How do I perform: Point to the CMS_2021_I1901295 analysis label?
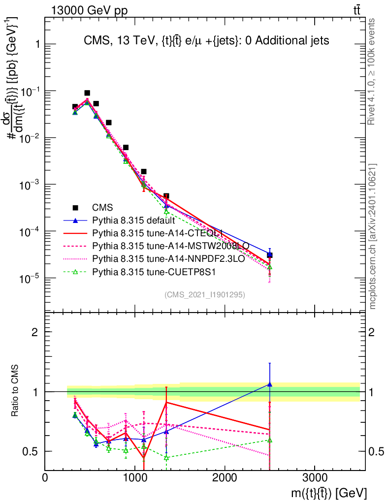(x=205, y=295)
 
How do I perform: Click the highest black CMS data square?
(x=87, y=93)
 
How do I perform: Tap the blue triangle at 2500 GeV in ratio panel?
(x=270, y=384)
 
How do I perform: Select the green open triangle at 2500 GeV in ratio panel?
(x=270, y=440)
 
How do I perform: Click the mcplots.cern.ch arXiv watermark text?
(x=373, y=235)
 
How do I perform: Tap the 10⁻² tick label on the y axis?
(x=30, y=138)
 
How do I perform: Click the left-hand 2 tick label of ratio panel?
(x=35, y=332)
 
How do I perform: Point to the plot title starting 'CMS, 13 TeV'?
(x=206, y=41)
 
